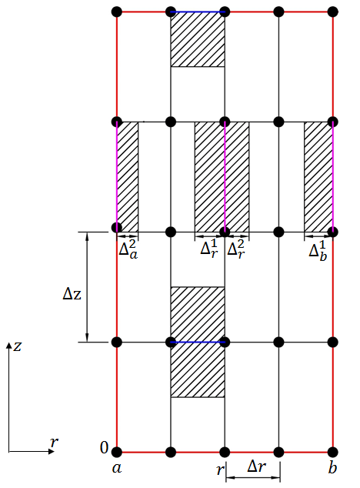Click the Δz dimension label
[73, 293]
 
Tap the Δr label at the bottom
[258, 466]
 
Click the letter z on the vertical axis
[17, 346]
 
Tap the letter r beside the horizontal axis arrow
[54, 442]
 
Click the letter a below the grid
[117, 467]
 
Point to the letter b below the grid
[332, 466]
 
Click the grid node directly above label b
[333, 452]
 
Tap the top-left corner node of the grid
[117, 12]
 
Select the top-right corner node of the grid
[333, 12]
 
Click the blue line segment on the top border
[198, 12]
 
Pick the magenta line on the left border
[117, 175]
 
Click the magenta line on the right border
[333, 175]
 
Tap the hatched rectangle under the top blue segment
[198, 39]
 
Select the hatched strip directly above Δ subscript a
[128, 176]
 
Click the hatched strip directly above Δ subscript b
[318, 176]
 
